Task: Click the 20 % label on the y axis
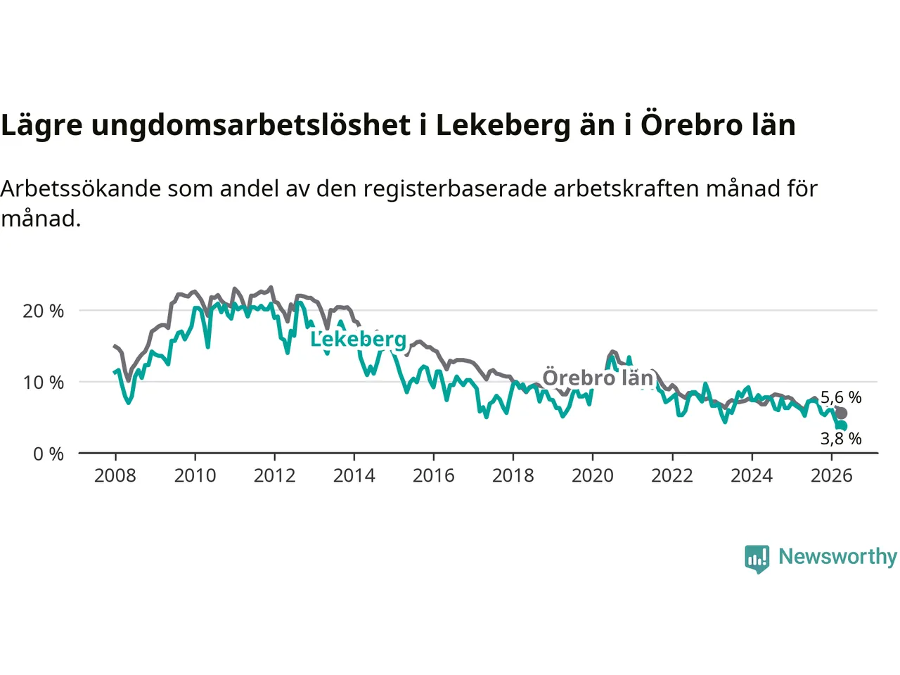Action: (43, 311)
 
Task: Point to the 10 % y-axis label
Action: (43, 382)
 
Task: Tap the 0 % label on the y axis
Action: (49, 454)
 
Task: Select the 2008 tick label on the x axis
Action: (115, 476)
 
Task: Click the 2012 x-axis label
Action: (274, 476)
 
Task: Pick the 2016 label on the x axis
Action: (433, 476)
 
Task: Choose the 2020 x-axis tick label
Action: (593, 476)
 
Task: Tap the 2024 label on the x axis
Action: (752, 476)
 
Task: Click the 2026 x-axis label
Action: (832, 476)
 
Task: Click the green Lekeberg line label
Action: (359, 340)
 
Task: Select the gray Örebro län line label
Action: (598, 378)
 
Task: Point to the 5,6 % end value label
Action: (841, 397)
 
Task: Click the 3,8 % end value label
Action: (841, 439)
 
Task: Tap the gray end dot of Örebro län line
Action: (841, 413)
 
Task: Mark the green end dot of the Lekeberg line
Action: (842, 426)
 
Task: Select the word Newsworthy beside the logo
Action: (837, 557)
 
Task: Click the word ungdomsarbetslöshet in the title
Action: (251, 125)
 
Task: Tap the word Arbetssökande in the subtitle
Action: (81, 189)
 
